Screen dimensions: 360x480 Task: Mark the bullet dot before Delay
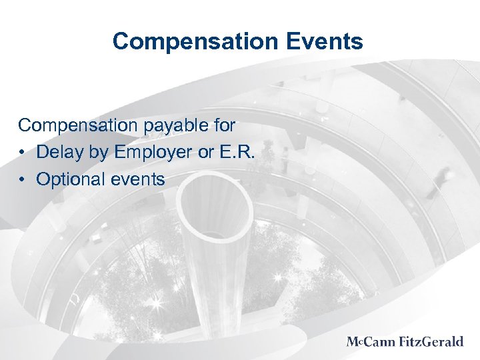(x=23, y=153)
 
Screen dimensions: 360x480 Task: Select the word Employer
(x=153, y=153)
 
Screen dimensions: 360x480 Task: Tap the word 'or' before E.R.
(x=207, y=152)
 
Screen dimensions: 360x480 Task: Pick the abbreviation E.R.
(x=240, y=152)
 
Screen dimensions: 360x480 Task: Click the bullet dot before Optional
(x=23, y=179)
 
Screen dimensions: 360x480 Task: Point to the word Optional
(x=71, y=179)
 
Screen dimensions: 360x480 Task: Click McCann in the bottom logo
(x=371, y=342)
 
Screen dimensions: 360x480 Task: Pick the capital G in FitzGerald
(x=423, y=342)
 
